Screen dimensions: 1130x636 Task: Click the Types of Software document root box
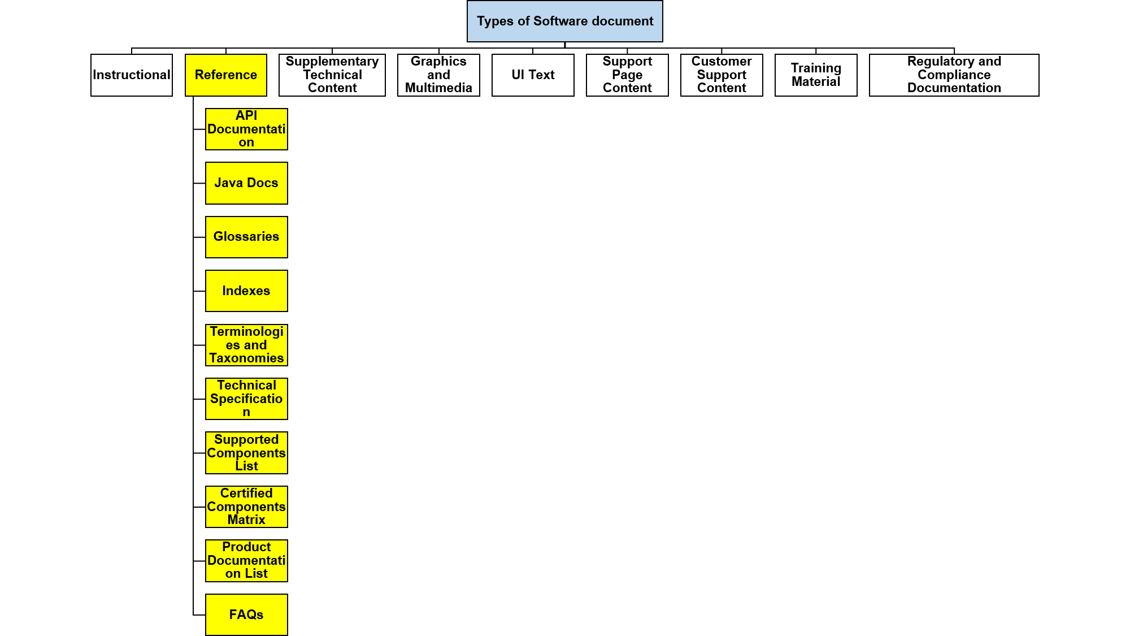pyautogui.click(x=565, y=21)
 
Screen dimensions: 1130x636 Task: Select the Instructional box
pyautogui.click(x=132, y=75)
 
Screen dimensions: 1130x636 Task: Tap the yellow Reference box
pyautogui.click(x=226, y=75)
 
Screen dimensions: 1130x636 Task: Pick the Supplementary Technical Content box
pyautogui.click(x=332, y=75)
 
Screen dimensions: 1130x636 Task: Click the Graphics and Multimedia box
pyautogui.click(x=438, y=75)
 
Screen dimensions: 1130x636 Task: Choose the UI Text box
pyautogui.click(x=533, y=75)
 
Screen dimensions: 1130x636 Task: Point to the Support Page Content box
pyautogui.click(x=627, y=75)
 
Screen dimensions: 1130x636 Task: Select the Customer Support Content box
pyautogui.click(x=722, y=75)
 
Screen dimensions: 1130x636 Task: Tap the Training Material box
pyautogui.click(x=816, y=75)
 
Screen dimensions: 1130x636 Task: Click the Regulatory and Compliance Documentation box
pyautogui.click(x=954, y=75)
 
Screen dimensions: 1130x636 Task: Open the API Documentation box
pyautogui.click(x=246, y=129)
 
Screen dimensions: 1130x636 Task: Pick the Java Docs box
pyautogui.click(x=246, y=183)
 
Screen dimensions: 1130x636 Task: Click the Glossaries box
pyautogui.click(x=246, y=237)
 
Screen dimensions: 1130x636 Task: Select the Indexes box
pyautogui.click(x=246, y=291)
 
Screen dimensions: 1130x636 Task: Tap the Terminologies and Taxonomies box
pyautogui.click(x=246, y=345)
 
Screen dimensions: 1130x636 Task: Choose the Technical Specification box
pyautogui.click(x=246, y=399)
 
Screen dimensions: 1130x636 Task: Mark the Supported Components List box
pyautogui.click(x=246, y=453)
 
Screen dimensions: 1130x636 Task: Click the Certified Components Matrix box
pyautogui.click(x=246, y=507)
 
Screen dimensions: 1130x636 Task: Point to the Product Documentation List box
pyautogui.click(x=246, y=561)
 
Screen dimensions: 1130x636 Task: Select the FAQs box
pyautogui.click(x=246, y=615)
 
